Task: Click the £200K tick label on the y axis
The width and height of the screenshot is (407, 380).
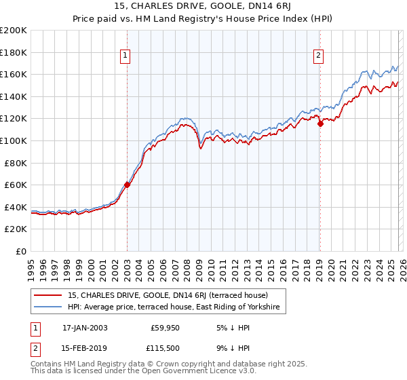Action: pyautogui.click(x=14, y=31)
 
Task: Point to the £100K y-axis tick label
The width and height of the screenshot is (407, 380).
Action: pyautogui.click(x=14, y=141)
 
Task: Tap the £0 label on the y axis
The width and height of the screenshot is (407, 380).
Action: pyautogui.click(x=22, y=252)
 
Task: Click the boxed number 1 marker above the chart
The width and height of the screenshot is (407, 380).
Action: pyautogui.click(x=127, y=56)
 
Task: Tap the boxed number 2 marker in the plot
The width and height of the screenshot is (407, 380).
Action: pyautogui.click(x=319, y=56)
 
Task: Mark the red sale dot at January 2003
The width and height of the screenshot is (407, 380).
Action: pyautogui.click(x=127, y=185)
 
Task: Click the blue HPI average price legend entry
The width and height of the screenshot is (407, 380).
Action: pyautogui.click(x=177, y=308)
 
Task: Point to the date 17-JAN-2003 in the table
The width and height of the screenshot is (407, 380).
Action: pyautogui.click(x=85, y=327)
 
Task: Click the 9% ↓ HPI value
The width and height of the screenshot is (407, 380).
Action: pyautogui.click(x=235, y=347)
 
